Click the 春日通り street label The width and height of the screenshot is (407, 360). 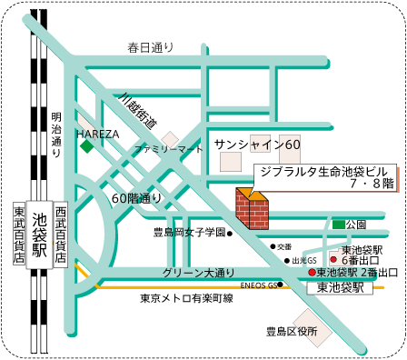(150, 47)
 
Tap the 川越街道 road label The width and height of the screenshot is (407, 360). (138, 108)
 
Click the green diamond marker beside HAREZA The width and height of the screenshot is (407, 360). (86, 145)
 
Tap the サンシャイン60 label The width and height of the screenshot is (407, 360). (257, 145)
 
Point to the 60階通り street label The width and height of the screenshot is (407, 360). (136, 197)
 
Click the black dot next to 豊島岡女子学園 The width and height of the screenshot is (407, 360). (231, 233)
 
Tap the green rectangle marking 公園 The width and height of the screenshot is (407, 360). (338, 224)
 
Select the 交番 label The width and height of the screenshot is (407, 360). (284, 246)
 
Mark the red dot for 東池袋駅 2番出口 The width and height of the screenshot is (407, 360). (311, 272)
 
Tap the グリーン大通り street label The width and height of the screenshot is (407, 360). (198, 272)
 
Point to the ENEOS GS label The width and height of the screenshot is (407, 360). (258, 285)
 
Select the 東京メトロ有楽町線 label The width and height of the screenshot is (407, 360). (186, 298)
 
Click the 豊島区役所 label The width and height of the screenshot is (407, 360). (291, 332)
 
